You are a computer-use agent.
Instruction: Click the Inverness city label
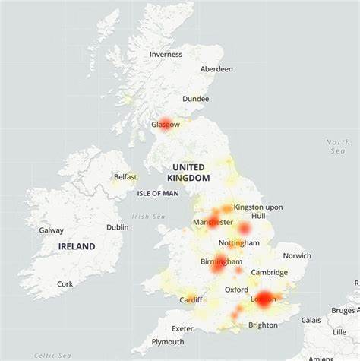click(x=166, y=54)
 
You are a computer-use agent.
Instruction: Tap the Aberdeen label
click(x=216, y=69)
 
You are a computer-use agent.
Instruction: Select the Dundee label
click(x=196, y=99)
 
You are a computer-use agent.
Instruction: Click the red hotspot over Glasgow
click(x=166, y=125)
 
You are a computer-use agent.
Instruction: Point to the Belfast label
click(x=125, y=177)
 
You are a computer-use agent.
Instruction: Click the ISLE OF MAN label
click(x=158, y=193)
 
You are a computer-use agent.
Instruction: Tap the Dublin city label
click(x=118, y=226)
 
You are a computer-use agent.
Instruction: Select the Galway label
click(x=52, y=230)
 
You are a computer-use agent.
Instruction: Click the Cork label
click(x=65, y=283)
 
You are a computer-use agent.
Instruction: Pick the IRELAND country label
click(x=77, y=246)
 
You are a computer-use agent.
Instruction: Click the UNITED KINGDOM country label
click(x=188, y=173)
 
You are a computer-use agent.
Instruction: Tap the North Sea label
click(x=338, y=147)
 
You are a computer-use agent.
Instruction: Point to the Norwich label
click(x=296, y=256)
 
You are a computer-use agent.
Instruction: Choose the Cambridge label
click(x=270, y=272)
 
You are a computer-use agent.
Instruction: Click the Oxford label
click(x=236, y=290)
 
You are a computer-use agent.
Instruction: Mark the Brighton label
click(x=263, y=325)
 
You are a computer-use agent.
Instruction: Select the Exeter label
click(x=182, y=328)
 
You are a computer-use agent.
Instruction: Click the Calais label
click(x=311, y=320)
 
